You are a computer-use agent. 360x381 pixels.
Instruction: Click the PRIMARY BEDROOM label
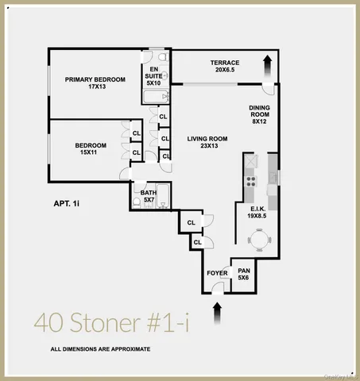pyautogui.click(x=95, y=83)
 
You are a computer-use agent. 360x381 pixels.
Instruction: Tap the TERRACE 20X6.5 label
pyautogui.click(x=225, y=66)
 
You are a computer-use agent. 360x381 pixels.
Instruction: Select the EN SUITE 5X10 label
pyautogui.click(x=153, y=75)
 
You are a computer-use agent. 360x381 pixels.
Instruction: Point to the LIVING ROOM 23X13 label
pyautogui.click(x=207, y=142)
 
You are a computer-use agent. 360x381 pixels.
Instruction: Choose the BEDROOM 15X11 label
pyautogui.click(x=91, y=148)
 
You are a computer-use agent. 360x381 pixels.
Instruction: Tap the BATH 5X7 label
pyautogui.click(x=149, y=195)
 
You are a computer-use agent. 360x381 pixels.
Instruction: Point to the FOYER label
pyautogui.click(x=217, y=273)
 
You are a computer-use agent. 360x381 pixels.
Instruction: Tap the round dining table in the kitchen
pyautogui.click(x=259, y=238)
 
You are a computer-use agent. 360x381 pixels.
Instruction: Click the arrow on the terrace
pyautogui.click(x=267, y=63)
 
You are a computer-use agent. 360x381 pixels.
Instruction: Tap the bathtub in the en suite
pyautogui.click(x=153, y=98)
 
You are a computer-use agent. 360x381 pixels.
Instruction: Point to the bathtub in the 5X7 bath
pyautogui.click(x=163, y=195)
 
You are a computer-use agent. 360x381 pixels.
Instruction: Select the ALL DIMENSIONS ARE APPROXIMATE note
pyautogui.click(x=100, y=349)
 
